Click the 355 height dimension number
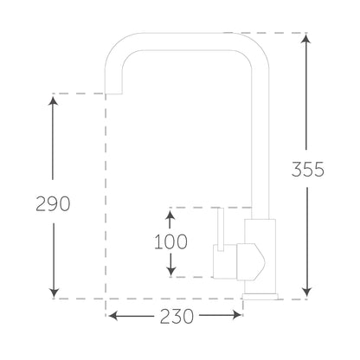pos(308,170)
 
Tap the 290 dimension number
pos(53,204)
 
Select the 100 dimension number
pos(171,241)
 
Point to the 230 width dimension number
pos(177,316)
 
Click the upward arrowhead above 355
pos(306,39)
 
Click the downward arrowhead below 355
pos(306,292)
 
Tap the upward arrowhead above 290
pos(53,101)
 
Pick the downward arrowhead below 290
pos(54,292)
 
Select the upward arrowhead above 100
pos(170,215)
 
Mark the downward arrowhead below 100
pos(171,270)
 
